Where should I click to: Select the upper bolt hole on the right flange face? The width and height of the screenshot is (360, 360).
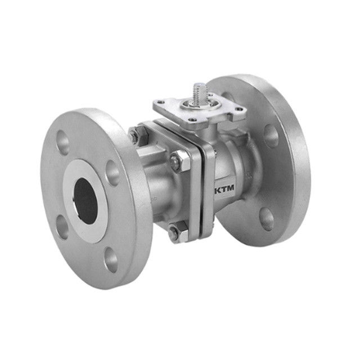271,134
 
